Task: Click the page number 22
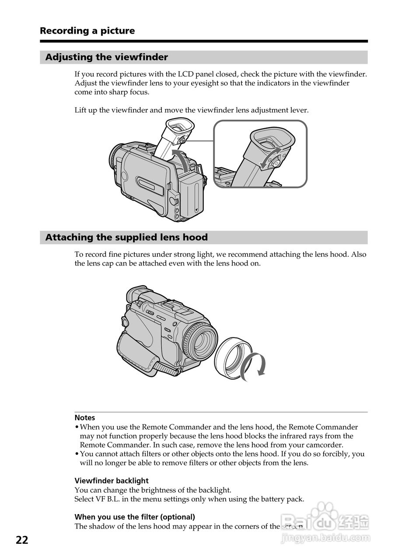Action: point(22,540)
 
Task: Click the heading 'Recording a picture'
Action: point(87,31)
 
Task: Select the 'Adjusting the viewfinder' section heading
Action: point(106,57)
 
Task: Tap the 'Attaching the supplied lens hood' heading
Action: point(126,237)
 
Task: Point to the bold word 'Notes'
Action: point(84,417)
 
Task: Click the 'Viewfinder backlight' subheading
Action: point(112,480)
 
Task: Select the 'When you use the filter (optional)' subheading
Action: point(135,517)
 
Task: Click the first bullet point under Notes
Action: point(77,427)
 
